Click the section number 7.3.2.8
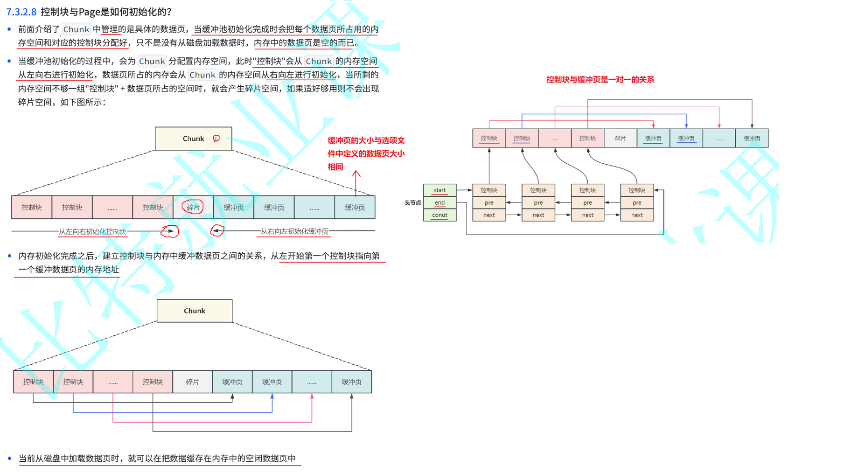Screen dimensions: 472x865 tap(21, 12)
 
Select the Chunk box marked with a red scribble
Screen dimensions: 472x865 tap(193, 139)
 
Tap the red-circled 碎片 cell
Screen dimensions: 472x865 tap(193, 207)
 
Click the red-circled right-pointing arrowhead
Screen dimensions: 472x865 tap(171, 231)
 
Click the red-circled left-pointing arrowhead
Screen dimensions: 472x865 tap(216, 230)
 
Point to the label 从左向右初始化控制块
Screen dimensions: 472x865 tap(92, 231)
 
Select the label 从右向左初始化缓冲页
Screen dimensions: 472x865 tap(294, 231)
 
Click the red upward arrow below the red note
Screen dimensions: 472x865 tap(356, 182)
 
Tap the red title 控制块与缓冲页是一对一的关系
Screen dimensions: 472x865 tap(600, 79)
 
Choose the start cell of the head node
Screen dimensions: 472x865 tap(439, 190)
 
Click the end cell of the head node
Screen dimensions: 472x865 tap(439, 202)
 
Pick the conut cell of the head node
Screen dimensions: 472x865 tap(439, 215)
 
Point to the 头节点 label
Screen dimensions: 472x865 tap(412, 202)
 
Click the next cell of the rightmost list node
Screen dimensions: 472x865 tap(637, 215)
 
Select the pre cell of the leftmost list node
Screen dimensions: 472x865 tap(489, 202)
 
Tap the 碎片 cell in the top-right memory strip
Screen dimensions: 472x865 tap(620, 138)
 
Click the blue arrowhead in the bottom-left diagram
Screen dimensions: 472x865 tap(272, 396)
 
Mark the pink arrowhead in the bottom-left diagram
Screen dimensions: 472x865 tap(312, 396)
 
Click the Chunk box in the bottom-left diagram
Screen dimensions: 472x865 tap(195, 311)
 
